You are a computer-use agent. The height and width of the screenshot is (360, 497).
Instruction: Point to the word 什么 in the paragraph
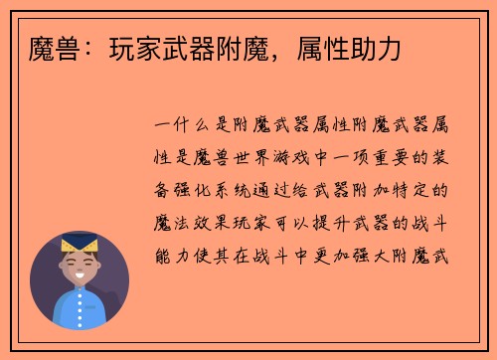coord(196,127)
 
